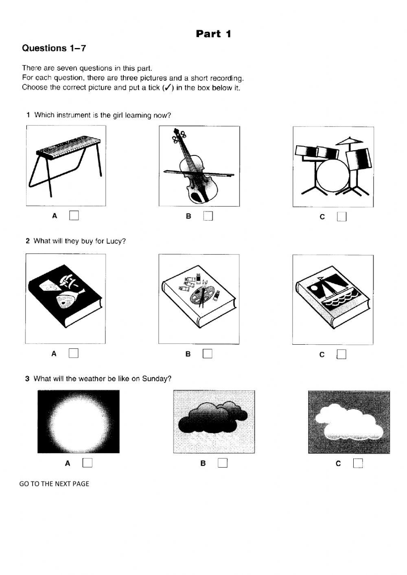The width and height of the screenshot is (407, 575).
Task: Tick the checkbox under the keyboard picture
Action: point(74,216)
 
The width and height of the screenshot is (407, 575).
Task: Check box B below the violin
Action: point(208,216)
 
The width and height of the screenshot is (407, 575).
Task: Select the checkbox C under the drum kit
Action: point(342,216)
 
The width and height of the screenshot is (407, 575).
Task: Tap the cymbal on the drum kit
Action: point(350,141)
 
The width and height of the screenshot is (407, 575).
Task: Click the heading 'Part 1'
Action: point(213,34)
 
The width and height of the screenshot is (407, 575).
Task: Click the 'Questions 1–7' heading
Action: point(54,48)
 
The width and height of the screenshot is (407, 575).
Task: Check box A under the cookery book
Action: point(74,353)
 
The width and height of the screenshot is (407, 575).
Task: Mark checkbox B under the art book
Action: point(208,354)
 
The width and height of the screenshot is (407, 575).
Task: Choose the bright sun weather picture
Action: point(79,422)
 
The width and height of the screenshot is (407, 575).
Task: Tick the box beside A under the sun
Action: point(88,463)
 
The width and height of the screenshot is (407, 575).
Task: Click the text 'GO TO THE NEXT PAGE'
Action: point(54,484)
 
